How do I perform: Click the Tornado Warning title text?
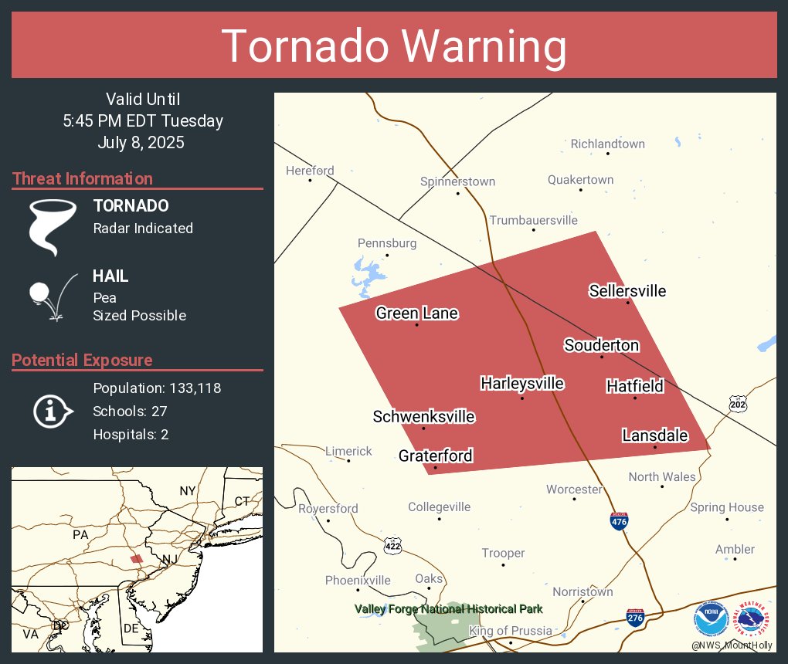pyautogui.click(x=394, y=46)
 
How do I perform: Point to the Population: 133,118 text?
pyautogui.click(x=157, y=388)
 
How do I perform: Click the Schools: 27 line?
pyautogui.click(x=130, y=412)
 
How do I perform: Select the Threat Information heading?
pyautogui.click(x=83, y=179)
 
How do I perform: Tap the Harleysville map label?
pyautogui.click(x=521, y=384)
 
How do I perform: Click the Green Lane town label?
pyautogui.click(x=416, y=313)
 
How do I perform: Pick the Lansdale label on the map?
pyautogui.click(x=654, y=436)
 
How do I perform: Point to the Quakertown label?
pyautogui.click(x=580, y=180)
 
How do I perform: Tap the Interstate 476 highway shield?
pyautogui.click(x=619, y=521)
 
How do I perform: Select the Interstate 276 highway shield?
pyautogui.click(x=635, y=616)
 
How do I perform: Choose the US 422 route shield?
pyautogui.click(x=392, y=546)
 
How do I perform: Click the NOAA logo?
pyautogui.click(x=711, y=619)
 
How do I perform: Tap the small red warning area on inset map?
pyautogui.click(x=136, y=558)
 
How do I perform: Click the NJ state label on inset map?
pyautogui.click(x=166, y=558)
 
